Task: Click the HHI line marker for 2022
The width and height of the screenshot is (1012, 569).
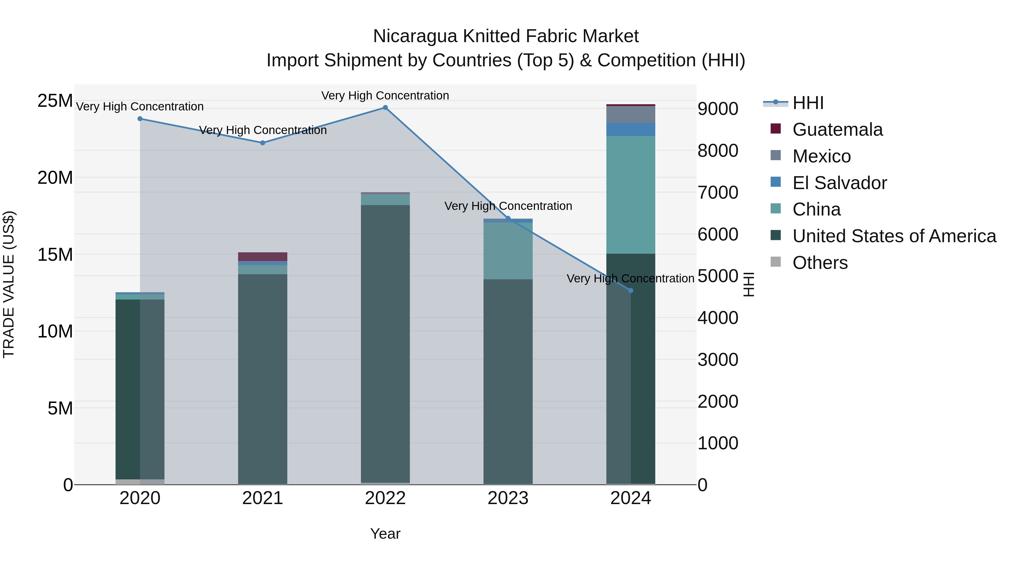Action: (x=385, y=108)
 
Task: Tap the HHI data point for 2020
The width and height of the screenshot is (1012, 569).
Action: (x=140, y=119)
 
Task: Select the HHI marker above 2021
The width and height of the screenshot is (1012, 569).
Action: (x=263, y=143)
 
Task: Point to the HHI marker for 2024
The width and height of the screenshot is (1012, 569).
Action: (x=631, y=291)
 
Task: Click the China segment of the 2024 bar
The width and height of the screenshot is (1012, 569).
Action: (x=631, y=194)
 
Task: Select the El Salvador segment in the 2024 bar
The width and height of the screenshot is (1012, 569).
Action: (x=631, y=129)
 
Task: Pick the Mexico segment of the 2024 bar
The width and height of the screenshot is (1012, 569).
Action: (x=631, y=114)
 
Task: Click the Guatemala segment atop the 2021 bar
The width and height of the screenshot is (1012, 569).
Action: (x=263, y=257)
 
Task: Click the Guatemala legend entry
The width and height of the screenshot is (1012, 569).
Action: (x=837, y=130)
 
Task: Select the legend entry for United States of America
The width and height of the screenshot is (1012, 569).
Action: (x=894, y=236)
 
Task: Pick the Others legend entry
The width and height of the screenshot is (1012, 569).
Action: (x=820, y=263)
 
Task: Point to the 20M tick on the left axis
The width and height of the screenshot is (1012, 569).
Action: (x=55, y=178)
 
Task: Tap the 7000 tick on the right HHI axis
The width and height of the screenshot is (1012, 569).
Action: (x=718, y=192)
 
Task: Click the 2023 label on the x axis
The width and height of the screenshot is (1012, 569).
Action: (x=508, y=498)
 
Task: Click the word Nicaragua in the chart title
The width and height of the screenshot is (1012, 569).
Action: (x=415, y=36)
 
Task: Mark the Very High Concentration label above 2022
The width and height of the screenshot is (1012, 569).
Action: (x=385, y=96)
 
